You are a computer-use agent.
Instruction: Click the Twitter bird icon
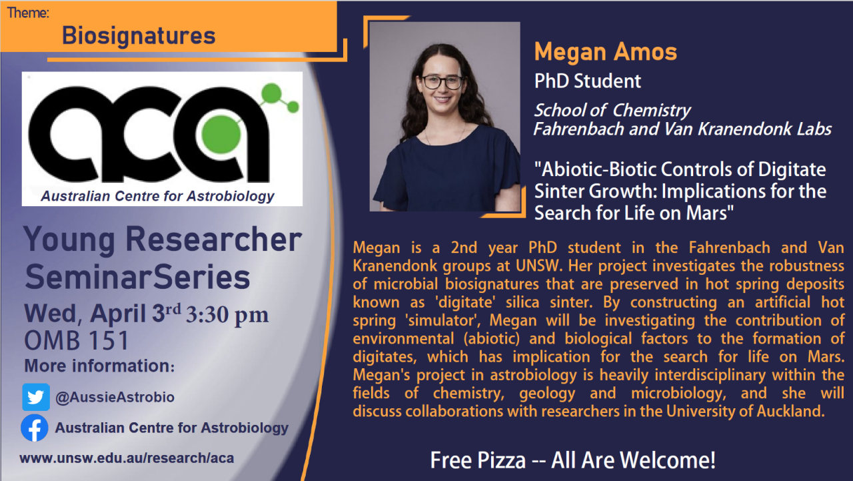[35, 397]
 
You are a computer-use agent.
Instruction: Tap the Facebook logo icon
[34, 428]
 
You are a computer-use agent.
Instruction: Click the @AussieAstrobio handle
[115, 398]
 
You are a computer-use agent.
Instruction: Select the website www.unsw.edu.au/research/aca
[127, 458]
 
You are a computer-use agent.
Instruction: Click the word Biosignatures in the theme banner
[139, 35]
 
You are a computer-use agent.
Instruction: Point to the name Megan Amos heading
[605, 51]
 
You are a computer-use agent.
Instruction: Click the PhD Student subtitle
[587, 81]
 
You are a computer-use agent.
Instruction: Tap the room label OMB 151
[77, 341]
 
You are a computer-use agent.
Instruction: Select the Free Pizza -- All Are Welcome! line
[572, 460]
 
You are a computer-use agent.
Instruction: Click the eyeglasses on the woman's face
[442, 82]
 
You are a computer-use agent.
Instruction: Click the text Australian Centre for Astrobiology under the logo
[157, 196]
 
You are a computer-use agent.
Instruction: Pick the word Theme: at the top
[28, 12]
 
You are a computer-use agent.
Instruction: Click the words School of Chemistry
[612, 110]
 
